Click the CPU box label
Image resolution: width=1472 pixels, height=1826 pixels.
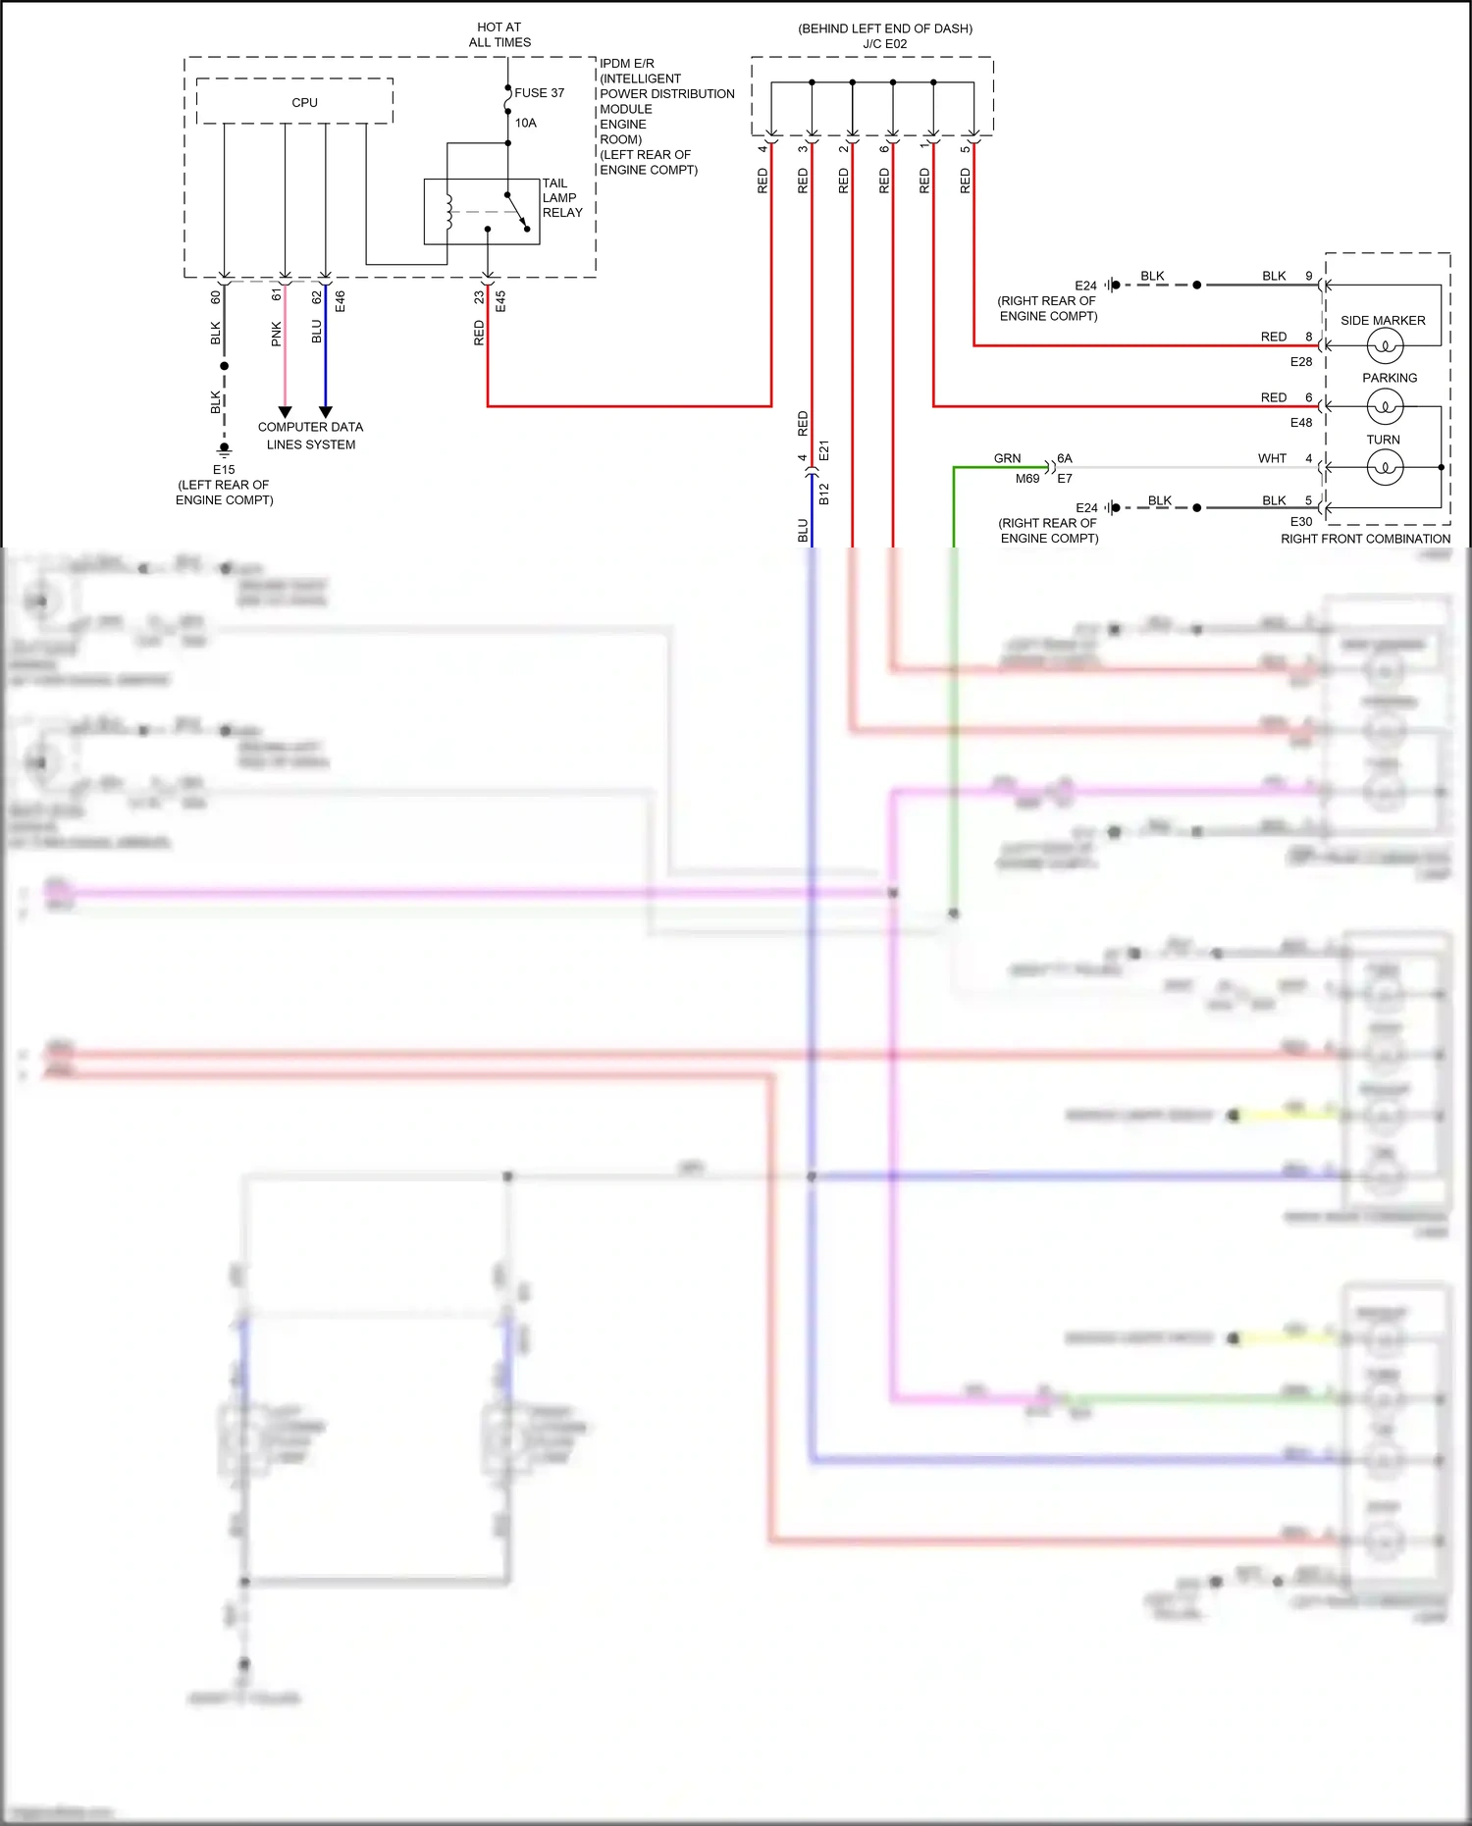[304, 102]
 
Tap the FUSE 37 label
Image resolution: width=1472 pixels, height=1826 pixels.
[539, 93]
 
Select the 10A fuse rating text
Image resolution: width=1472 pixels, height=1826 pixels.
[526, 123]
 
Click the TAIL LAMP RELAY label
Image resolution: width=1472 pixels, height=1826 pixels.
[562, 197]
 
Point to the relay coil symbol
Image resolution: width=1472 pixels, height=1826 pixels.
[449, 210]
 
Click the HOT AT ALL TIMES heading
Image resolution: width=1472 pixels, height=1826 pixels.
[499, 34]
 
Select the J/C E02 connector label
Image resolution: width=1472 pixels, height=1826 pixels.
[884, 44]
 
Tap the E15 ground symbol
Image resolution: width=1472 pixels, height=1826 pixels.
[224, 449]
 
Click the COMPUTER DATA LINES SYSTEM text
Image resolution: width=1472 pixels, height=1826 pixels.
[310, 436]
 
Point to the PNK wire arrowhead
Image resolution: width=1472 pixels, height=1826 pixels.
[285, 412]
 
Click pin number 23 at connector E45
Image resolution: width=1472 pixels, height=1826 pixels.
[479, 296]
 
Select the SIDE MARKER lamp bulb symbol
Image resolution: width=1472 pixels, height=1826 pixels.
[1385, 345]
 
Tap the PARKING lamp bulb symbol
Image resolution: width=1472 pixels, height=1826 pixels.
[1385, 405]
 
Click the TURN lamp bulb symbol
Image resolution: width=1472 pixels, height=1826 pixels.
[1385, 467]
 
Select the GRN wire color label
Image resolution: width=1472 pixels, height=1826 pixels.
[1007, 458]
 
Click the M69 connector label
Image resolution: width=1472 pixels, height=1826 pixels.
[1027, 479]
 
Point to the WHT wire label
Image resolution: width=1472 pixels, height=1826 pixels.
[1272, 458]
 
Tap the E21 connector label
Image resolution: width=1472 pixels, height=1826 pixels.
[824, 450]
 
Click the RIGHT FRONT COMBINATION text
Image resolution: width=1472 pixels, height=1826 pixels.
[1365, 539]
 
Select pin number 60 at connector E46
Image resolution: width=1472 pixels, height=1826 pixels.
[216, 296]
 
